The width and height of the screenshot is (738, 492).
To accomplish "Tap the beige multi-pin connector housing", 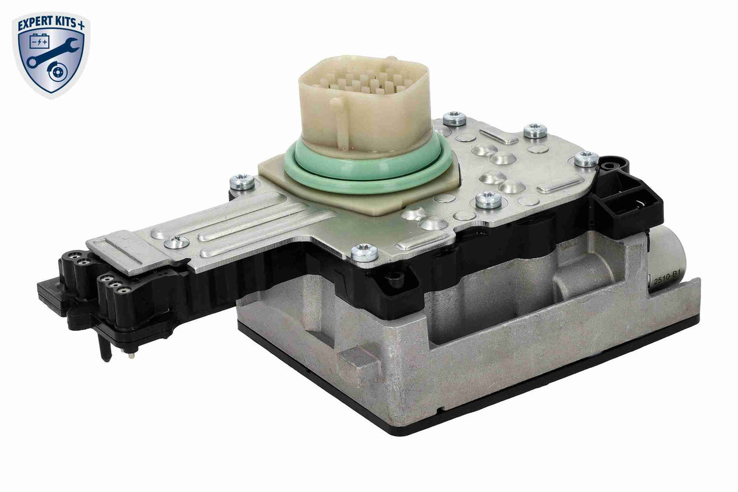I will pyautogui.click(x=356, y=103).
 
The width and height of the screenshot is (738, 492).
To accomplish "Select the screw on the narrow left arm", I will pyautogui.click(x=176, y=242).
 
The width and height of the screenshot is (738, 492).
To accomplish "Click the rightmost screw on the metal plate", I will pyautogui.click(x=586, y=159).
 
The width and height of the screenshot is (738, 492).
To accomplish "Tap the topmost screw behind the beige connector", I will pyautogui.click(x=453, y=119).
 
